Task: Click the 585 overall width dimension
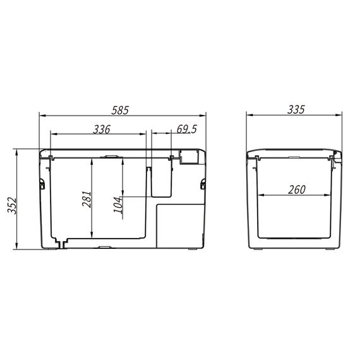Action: point(120,110)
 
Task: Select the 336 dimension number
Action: point(102,129)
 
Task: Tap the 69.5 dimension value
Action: point(187,129)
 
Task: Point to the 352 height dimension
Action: point(12,205)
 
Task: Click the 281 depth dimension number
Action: point(87,199)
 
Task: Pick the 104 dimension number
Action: point(119,205)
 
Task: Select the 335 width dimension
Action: point(296,109)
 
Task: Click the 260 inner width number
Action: point(297,189)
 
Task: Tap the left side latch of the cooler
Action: point(42,184)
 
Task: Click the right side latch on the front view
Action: point(203,184)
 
